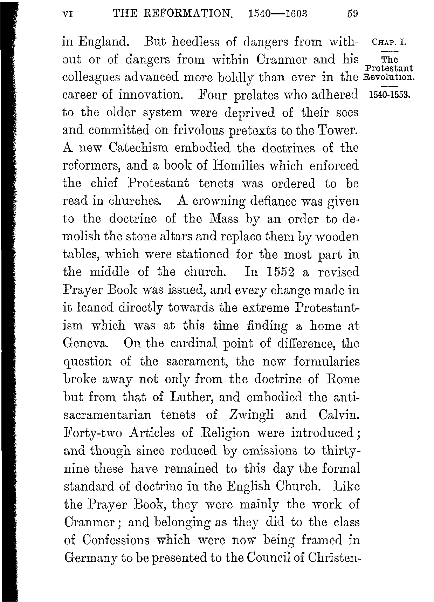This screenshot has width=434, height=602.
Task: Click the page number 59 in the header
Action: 352,14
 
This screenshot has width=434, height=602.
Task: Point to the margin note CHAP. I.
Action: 388,43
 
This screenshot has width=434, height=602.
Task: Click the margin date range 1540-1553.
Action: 389,95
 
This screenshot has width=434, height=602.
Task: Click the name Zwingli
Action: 251,415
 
